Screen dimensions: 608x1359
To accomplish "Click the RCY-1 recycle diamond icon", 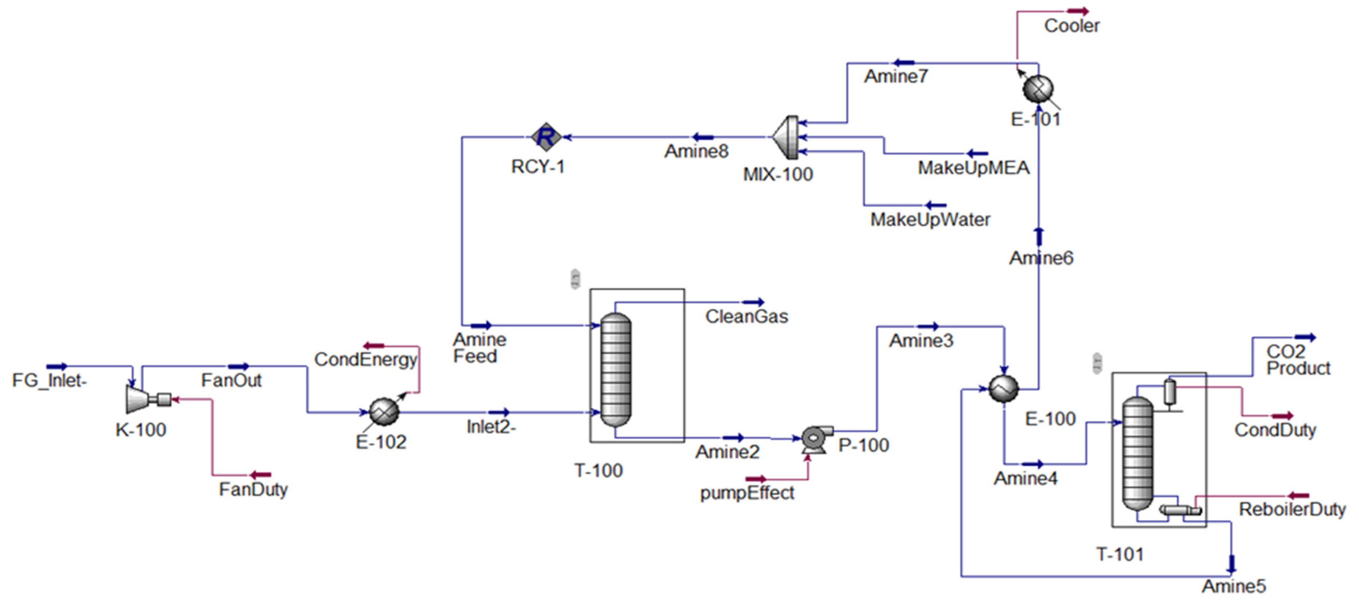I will click(x=546, y=137).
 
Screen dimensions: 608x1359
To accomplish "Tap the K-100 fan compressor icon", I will click(x=139, y=399).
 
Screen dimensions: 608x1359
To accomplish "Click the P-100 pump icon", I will click(x=814, y=438).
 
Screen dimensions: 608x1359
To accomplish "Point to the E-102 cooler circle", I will click(x=384, y=412).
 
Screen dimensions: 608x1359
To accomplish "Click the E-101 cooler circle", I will click(x=1038, y=88).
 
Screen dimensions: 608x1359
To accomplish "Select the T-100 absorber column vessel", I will click(x=616, y=369).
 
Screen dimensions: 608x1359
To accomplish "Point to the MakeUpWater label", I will click(x=930, y=220).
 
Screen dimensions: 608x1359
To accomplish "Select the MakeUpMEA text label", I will click(x=974, y=168).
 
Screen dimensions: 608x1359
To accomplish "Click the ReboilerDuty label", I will click(x=1292, y=509).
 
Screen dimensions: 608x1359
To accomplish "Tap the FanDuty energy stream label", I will click(x=253, y=489).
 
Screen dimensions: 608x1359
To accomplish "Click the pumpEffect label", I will click(x=747, y=493).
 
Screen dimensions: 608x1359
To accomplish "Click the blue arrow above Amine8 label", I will click(x=703, y=137).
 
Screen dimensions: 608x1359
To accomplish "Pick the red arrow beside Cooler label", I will click(x=1078, y=11).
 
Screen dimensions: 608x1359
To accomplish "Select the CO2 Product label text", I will click(x=1298, y=360).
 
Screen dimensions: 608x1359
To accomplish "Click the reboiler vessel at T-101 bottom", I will click(x=1180, y=510).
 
